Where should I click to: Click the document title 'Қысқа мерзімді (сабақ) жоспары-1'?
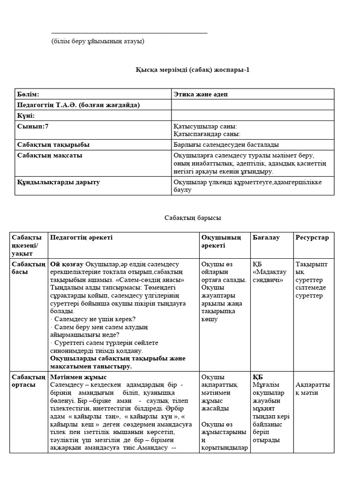[x=193, y=70]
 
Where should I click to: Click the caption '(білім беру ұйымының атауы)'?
[x=98, y=41]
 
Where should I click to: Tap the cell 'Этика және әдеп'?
[x=201, y=94]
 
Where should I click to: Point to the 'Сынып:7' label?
[x=33, y=127]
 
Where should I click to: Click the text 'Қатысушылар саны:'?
[x=205, y=127]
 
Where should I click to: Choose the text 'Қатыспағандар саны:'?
[x=207, y=134]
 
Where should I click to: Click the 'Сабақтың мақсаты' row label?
[x=50, y=156]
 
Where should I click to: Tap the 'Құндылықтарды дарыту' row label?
[x=58, y=182]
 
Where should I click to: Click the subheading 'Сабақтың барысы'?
[x=193, y=218]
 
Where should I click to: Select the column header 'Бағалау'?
[x=266, y=238]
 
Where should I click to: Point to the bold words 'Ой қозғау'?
[x=67, y=264]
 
